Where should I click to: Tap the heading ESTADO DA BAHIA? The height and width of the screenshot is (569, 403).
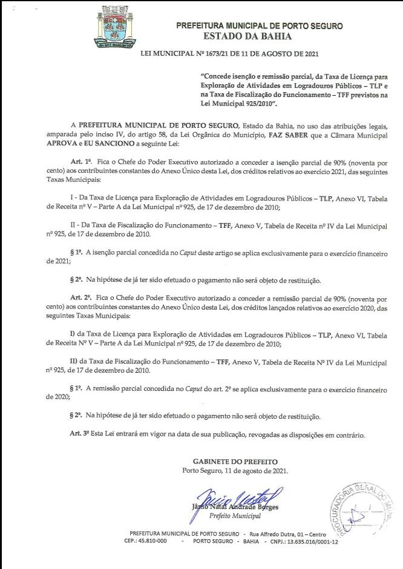260,36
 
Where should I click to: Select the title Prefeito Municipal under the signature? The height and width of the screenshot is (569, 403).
235,516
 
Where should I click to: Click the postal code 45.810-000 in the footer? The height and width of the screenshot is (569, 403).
145,541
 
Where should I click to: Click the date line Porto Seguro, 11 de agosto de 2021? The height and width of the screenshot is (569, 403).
235,471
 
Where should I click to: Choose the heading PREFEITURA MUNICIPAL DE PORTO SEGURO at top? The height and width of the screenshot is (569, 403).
260,26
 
